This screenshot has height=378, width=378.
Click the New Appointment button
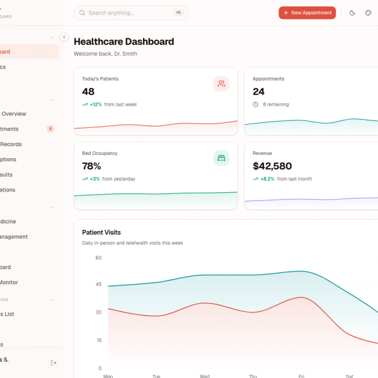tap(307, 13)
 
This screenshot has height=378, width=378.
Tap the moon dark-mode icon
tap(352, 13)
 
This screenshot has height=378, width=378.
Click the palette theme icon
tap(368, 13)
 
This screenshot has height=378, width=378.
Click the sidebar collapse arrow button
tap(64, 37)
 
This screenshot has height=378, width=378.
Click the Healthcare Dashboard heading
tap(123, 42)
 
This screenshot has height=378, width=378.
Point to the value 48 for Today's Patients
tap(88, 92)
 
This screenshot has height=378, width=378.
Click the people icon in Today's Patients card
tap(221, 84)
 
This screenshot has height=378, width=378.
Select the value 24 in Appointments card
tap(258, 92)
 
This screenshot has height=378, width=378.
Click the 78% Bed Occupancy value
tap(91, 166)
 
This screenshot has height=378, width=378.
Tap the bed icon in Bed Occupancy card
tap(221, 158)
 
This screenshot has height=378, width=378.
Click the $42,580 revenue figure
tap(272, 166)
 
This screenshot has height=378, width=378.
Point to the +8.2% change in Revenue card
tap(266, 179)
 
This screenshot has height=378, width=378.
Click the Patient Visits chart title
tap(101, 232)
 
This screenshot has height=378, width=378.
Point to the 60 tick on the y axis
tap(98, 258)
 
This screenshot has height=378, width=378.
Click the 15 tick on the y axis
tap(98, 340)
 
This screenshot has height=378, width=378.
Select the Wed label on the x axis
tap(205, 376)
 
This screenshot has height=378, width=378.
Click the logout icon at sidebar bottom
tap(54, 362)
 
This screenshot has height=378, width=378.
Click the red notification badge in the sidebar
tap(50, 129)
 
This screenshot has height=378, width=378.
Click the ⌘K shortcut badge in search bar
tap(178, 13)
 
